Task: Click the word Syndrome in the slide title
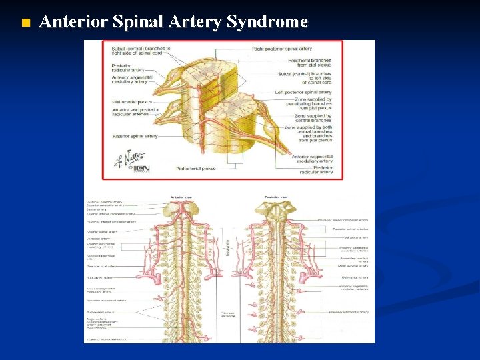click(x=267, y=22)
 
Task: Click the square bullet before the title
click(x=26, y=24)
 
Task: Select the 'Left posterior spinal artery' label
click(x=303, y=92)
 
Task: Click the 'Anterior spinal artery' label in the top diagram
click(x=135, y=136)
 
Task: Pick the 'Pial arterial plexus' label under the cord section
click(x=195, y=169)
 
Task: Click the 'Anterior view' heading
click(x=181, y=197)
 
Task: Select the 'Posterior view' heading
click(x=276, y=197)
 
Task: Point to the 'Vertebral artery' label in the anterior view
click(x=98, y=238)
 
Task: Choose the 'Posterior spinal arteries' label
click(x=350, y=229)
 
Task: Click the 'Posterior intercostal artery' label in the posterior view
click(x=349, y=312)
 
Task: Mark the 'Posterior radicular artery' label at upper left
click(x=127, y=68)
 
